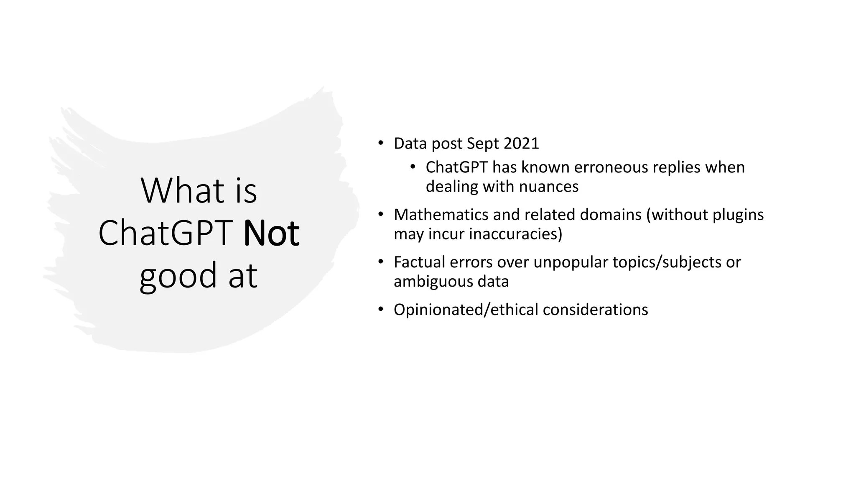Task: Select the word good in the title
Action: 178,276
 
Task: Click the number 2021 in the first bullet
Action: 521,144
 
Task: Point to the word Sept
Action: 483,144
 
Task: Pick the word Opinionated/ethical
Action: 466,310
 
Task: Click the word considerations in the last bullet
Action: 595,310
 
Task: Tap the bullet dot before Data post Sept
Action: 380,144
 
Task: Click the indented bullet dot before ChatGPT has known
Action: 413,167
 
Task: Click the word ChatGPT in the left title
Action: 166,233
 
